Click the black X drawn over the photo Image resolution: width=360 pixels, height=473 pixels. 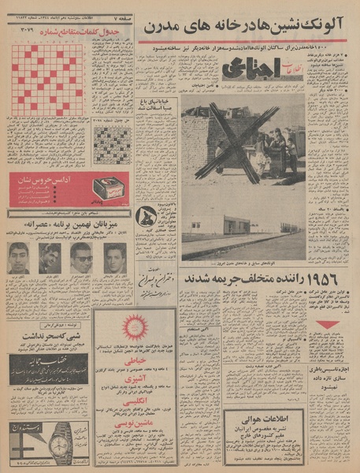tap(236, 143)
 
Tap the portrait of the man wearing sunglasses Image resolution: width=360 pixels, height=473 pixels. tap(81, 258)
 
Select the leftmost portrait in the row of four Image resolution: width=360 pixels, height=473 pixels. tap(19, 258)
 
